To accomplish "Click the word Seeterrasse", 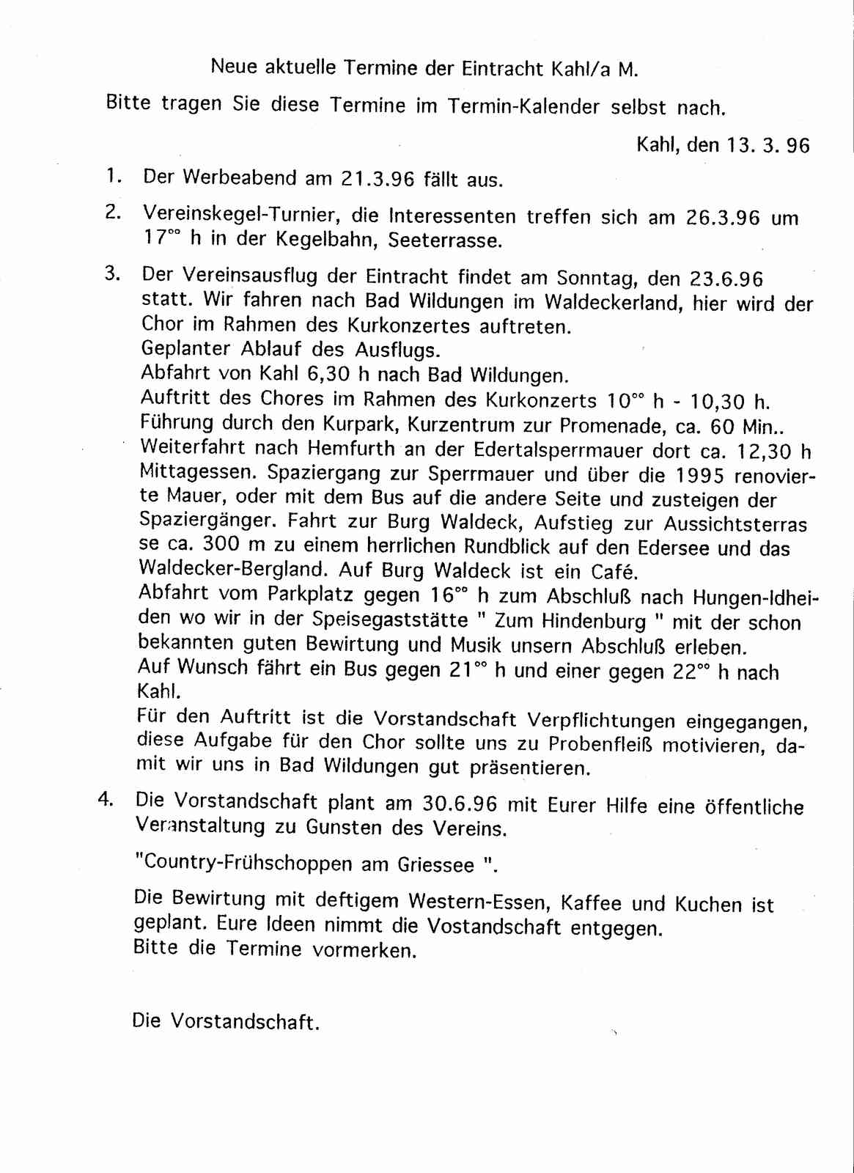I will [x=446, y=240].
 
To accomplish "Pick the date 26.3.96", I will [x=723, y=218].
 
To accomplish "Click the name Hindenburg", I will [x=594, y=622].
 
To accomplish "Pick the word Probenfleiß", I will [x=601, y=745].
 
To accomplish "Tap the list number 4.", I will [x=106, y=800].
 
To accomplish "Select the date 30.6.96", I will [x=460, y=804].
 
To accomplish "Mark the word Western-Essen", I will [x=471, y=901].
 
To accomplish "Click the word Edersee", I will [x=675, y=548].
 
